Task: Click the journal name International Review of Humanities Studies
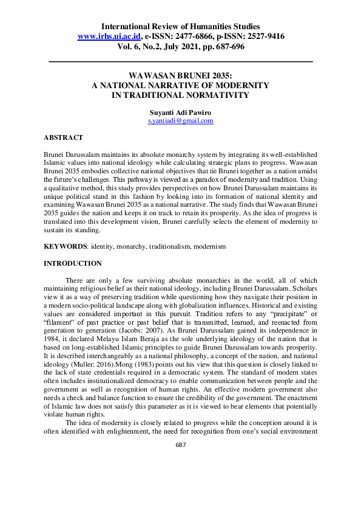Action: click(180, 26)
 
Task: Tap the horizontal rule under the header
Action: click(180, 61)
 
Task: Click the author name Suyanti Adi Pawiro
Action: click(180, 112)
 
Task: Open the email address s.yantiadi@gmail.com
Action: click(180, 121)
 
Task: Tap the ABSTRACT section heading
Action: click(64, 138)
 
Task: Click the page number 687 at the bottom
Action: click(180, 445)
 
